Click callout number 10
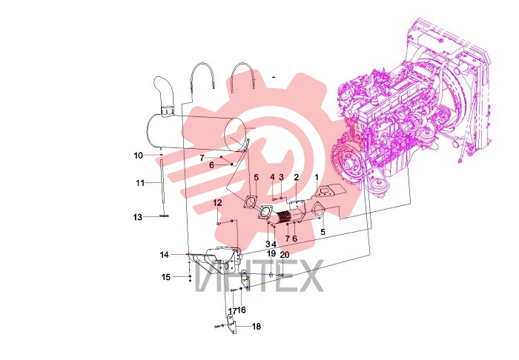[x=139, y=156]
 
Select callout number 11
[x=140, y=183]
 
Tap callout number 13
[x=138, y=217]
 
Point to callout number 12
[x=217, y=203]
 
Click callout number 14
[x=165, y=255]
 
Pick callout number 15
[x=166, y=277]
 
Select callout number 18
[x=257, y=327]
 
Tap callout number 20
[x=285, y=255]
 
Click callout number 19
[x=271, y=253]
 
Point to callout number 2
[x=297, y=178]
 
